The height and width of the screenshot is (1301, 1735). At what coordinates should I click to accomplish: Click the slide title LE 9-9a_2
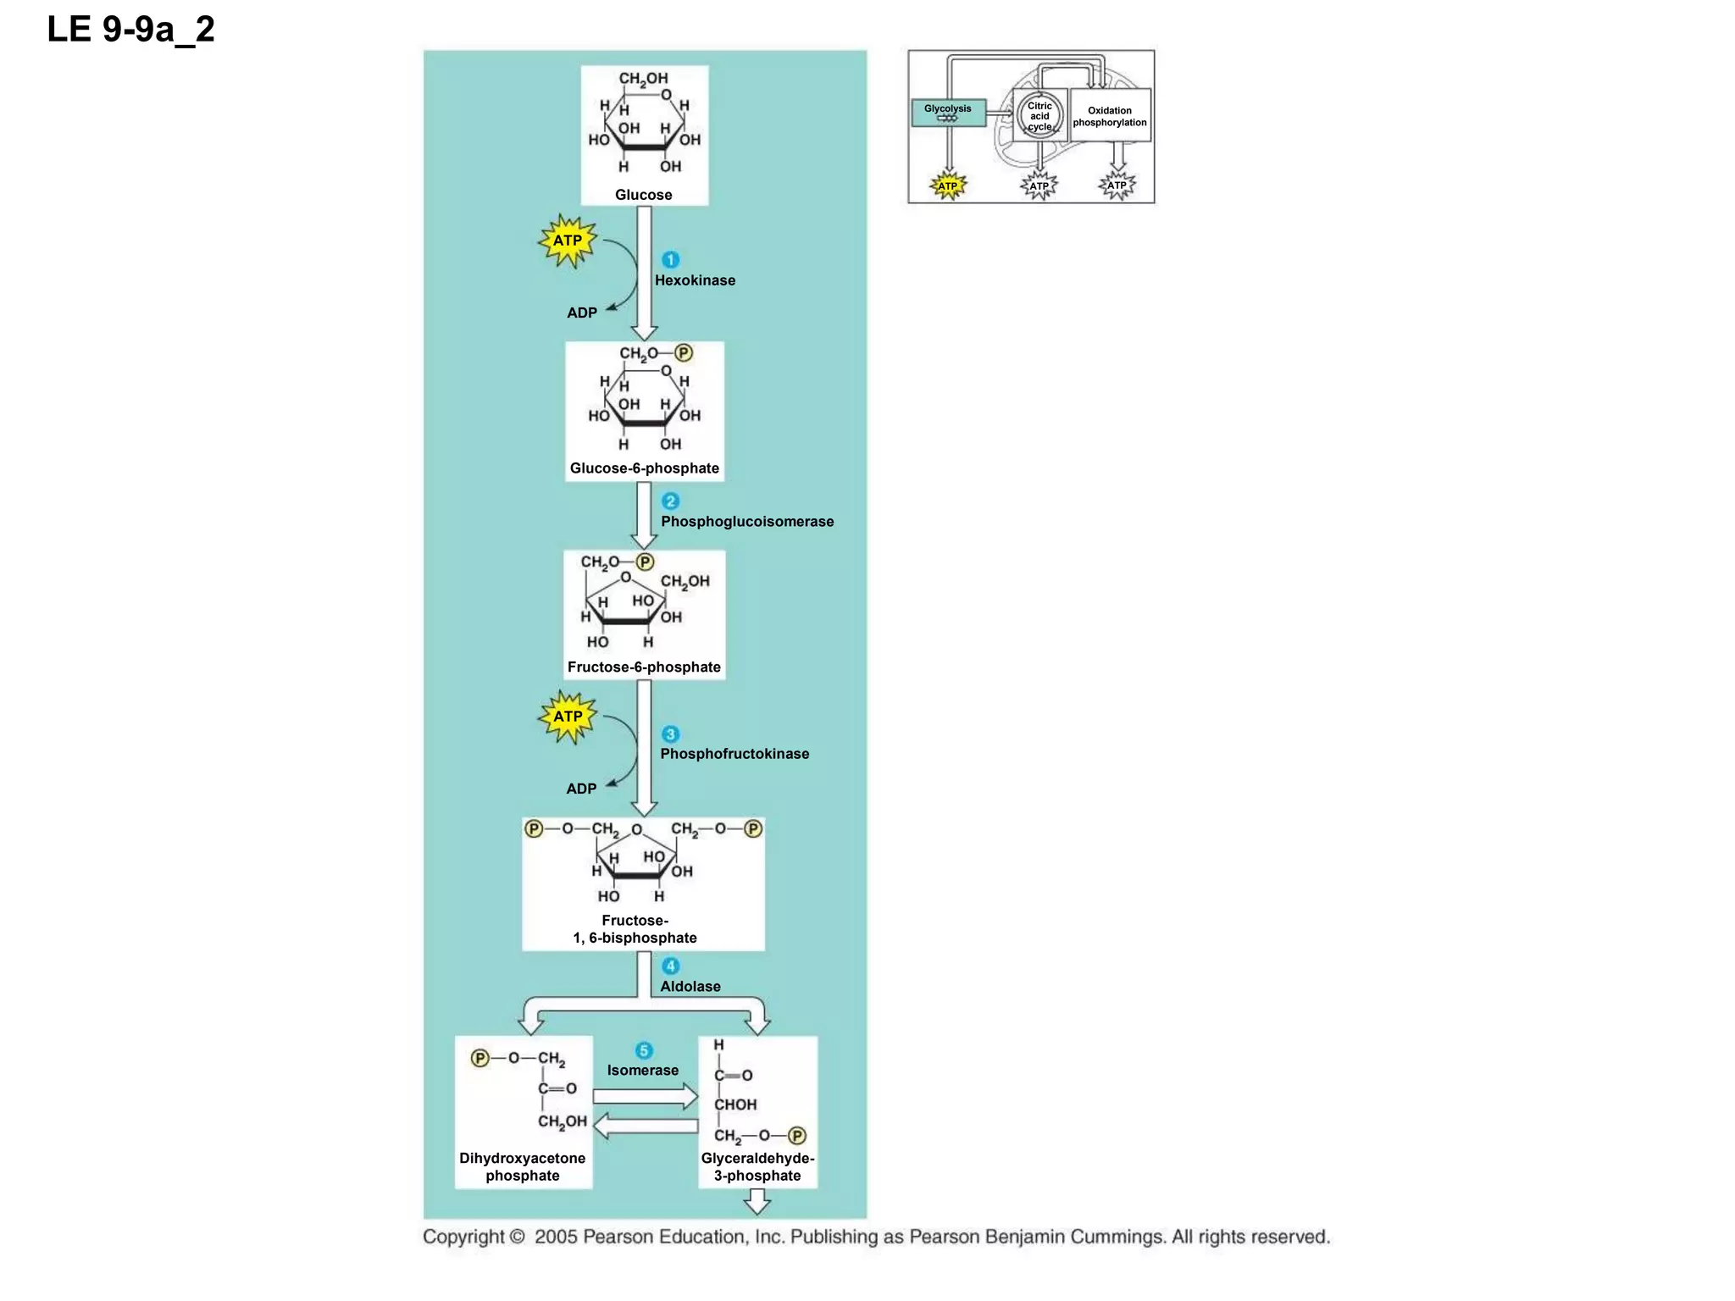click(x=130, y=30)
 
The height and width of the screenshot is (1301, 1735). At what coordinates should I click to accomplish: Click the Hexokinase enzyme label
click(x=695, y=280)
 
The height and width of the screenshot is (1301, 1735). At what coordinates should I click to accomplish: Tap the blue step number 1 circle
click(x=670, y=260)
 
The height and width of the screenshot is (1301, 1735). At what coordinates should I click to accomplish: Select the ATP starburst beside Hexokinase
click(x=568, y=241)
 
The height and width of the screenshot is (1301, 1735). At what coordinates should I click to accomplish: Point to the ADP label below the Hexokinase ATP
click(x=582, y=313)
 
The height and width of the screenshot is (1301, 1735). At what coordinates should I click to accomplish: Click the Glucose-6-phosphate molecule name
click(x=644, y=468)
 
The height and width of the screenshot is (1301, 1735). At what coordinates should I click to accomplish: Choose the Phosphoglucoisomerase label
click(x=747, y=522)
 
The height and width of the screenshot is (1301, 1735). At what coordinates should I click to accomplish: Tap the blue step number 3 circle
click(x=670, y=734)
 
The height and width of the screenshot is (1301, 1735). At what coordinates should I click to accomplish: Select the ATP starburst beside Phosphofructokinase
click(x=568, y=717)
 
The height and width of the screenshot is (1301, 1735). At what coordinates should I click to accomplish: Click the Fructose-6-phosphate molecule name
click(x=644, y=667)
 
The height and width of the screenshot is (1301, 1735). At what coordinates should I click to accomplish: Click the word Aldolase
click(x=690, y=987)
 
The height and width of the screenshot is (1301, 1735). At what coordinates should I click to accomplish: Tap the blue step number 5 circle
click(x=644, y=1050)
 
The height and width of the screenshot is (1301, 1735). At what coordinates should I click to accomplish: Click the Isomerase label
click(x=642, y=1071)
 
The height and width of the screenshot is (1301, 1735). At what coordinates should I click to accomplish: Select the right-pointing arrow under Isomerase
click(x=645, y=1097)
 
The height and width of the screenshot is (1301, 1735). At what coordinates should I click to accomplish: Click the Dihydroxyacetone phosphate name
click(x=523, y=1167)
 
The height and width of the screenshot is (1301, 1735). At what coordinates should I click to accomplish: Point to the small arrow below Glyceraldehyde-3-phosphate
click(x=757, y=1201)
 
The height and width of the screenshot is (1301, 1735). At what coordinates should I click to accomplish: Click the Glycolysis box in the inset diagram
click(x=948, y=113)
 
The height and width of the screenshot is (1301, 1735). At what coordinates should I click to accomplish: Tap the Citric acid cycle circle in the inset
click(x=1039, y=116)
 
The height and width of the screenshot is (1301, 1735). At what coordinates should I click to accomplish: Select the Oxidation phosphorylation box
click(x=1110, y=116)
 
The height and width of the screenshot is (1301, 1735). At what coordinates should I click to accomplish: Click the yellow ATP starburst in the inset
click(x=947, y=185)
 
